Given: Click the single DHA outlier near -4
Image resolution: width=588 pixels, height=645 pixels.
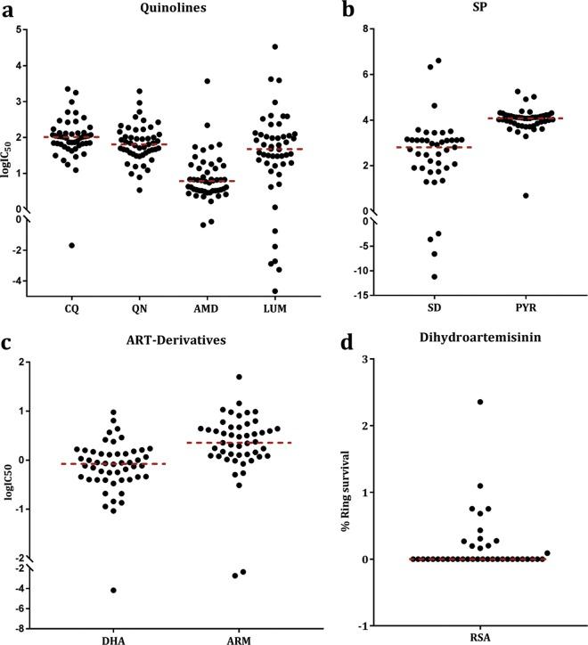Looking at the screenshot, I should click(113, 590).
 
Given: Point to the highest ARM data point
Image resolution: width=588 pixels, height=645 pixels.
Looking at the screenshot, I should click(239, 377).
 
